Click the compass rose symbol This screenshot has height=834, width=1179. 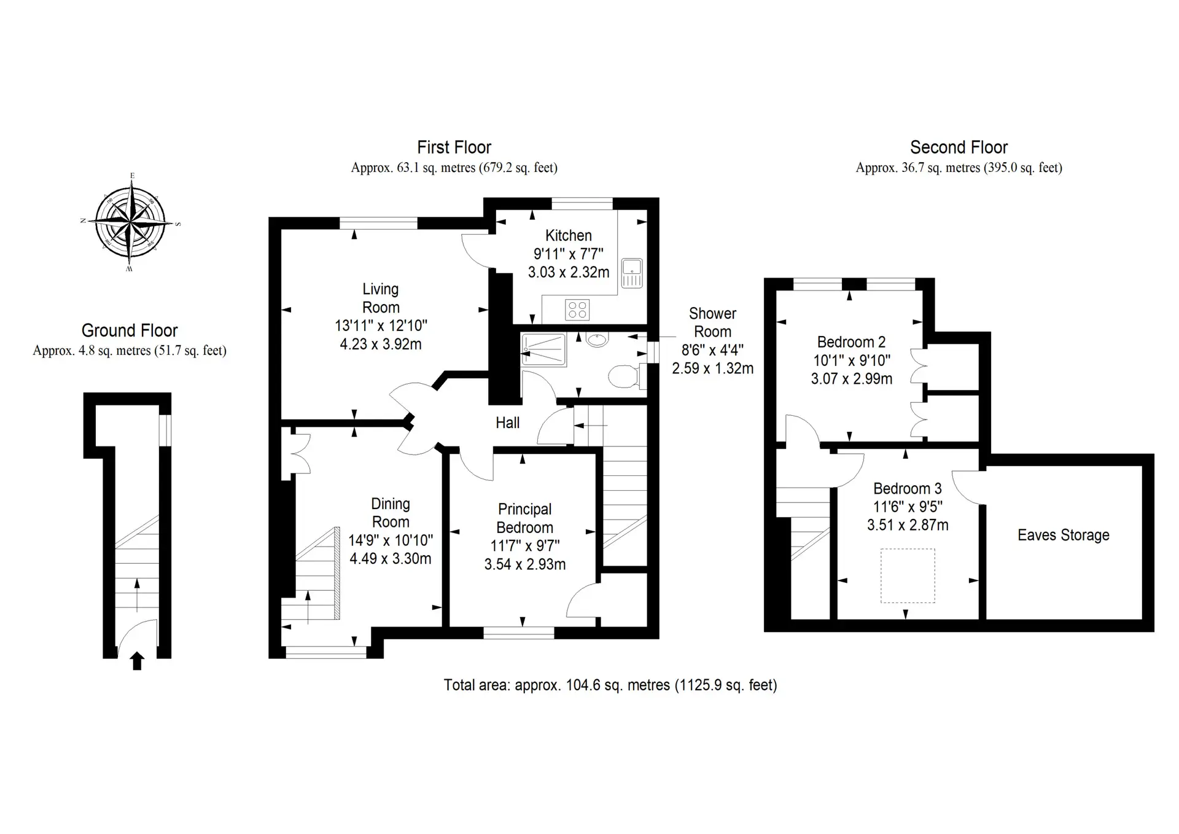(x=130, y=222)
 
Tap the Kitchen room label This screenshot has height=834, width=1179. (x=569, y=235)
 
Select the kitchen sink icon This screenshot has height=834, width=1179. (x=632, y=273)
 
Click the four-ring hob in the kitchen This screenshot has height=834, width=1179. (x=577, y=310)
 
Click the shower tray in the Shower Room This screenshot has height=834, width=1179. (x=543, y=349)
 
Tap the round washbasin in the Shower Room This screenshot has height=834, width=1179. (x=597, y=340)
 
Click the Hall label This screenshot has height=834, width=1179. (x=508, y=423)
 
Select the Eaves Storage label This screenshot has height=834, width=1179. (x=1064, y=535)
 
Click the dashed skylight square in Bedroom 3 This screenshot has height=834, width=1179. (x=908, y=575)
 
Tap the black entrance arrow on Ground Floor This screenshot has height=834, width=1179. (x=137, y=661)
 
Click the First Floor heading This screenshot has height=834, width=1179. (x=454, y=147)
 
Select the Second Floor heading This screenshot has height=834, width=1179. (x=959, y=147)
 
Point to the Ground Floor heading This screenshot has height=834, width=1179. (x=130, y=330)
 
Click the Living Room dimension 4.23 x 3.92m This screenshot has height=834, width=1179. (x=381, y=344)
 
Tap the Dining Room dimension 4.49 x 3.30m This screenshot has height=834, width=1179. (x=391, y=559)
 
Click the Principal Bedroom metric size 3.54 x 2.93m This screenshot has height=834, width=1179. (x=525, y=564)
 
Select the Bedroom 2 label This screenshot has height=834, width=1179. (x=852, y=341)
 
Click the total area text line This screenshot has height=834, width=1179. (x=610, y=685)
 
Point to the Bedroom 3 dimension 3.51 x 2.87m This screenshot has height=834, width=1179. (x=908, y=525)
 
